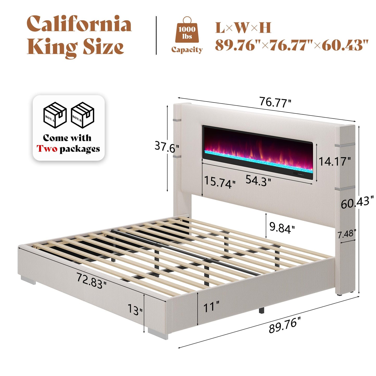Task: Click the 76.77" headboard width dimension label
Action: pos(275,102)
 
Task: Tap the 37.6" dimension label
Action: pos(167,147)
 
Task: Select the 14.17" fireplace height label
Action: pos(335,161)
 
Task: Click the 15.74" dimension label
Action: pos(219,182)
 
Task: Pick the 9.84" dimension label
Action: pos(282,228)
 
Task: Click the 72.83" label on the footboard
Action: pos(91,281)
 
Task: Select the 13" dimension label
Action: pos(135,309)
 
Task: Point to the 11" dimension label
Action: pos(211,307)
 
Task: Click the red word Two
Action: pos(47,149)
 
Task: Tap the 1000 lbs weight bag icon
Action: pos(187,31)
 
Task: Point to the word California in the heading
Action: pos(79,24)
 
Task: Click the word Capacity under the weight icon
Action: pos(187,49)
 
